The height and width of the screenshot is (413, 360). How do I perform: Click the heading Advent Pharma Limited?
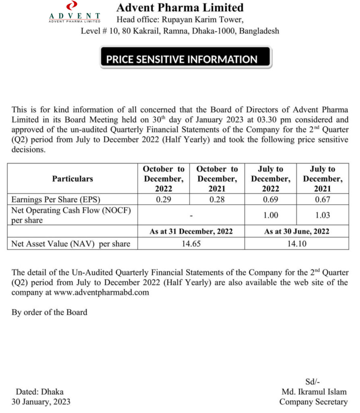click(180, 8)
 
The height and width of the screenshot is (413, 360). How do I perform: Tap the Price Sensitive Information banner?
click(182, 60)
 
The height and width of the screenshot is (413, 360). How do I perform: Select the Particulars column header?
click(72, 179)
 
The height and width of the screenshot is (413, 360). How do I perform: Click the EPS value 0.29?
click(164, 199)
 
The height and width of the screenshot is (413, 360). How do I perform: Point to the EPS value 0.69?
click(270, 199)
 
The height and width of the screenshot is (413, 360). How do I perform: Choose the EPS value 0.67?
click(322, 199)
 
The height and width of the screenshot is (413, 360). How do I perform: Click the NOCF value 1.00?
click(270, 215)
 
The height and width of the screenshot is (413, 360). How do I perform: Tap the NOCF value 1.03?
click(322, 215)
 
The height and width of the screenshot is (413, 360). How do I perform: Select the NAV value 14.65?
click(190, 244)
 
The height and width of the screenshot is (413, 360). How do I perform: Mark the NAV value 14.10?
click(296, 244)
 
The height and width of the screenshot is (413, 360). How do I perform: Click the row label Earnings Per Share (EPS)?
click(56, 199)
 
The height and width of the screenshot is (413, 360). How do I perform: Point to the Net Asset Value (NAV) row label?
click(71, 244)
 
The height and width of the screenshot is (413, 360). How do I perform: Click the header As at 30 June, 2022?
click(296, 231)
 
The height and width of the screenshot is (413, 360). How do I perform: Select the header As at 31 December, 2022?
click(190, 231)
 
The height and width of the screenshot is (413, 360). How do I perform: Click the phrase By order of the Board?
click(49, 312)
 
